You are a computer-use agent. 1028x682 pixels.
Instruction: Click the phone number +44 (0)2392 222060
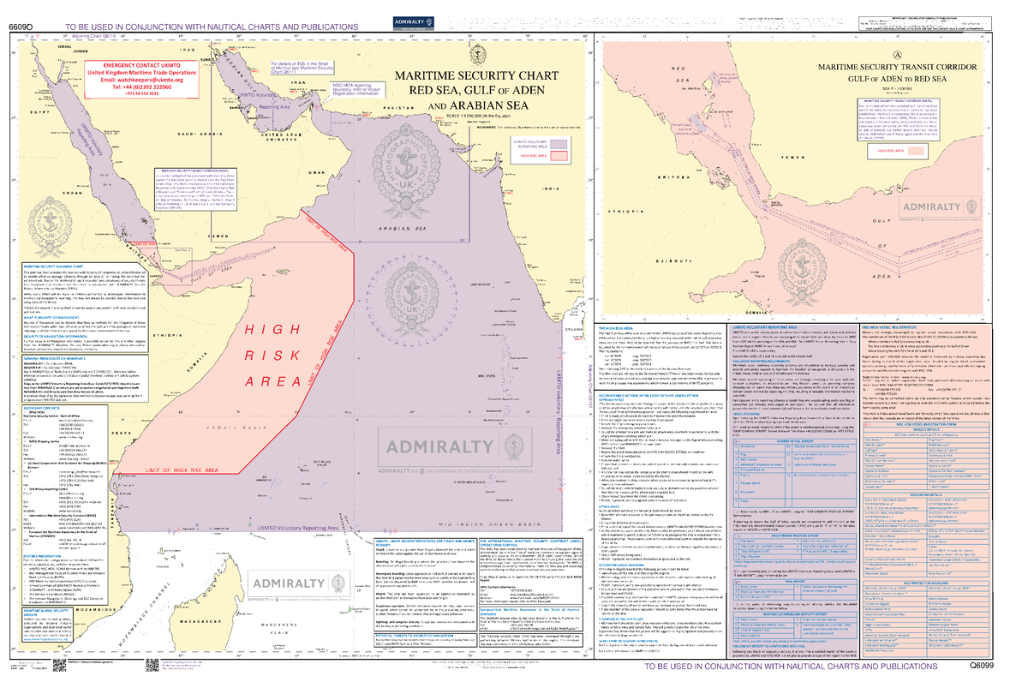pyautogui.click(x=142, y=87)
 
